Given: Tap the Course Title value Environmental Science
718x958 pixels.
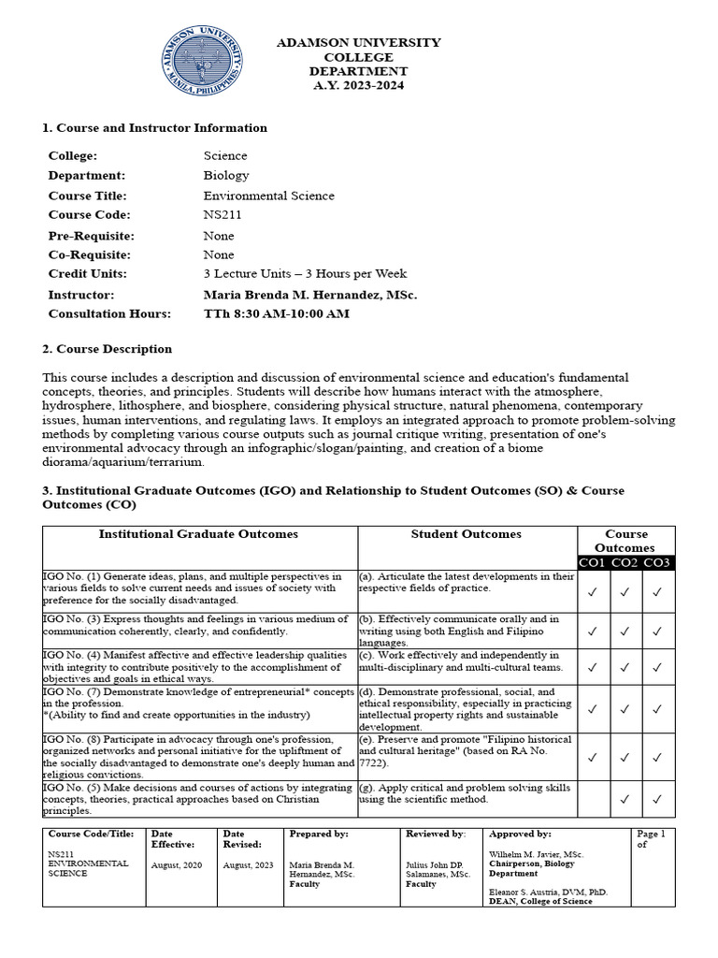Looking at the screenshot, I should tap(268, 196).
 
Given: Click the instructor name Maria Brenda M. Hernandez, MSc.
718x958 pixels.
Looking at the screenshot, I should tap(309, 294).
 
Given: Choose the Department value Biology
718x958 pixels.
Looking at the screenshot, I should tap(226, 176).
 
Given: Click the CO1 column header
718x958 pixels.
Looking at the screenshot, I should tap(593, 562).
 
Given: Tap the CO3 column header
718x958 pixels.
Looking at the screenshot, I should tap(657, 562).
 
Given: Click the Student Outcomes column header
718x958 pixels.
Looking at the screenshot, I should tap(467, 534).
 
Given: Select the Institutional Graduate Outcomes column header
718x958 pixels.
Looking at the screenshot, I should tap(199, 534).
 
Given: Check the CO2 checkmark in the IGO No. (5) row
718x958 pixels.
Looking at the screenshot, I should tap(625, 799).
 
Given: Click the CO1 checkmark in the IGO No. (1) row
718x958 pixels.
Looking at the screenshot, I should tap(593, 591).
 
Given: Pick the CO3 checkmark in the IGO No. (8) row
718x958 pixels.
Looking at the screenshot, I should tap(657, 757).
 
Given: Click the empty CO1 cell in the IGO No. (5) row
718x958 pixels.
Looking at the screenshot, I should tap(593, 799).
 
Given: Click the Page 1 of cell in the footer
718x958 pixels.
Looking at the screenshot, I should tap(652, 838).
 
